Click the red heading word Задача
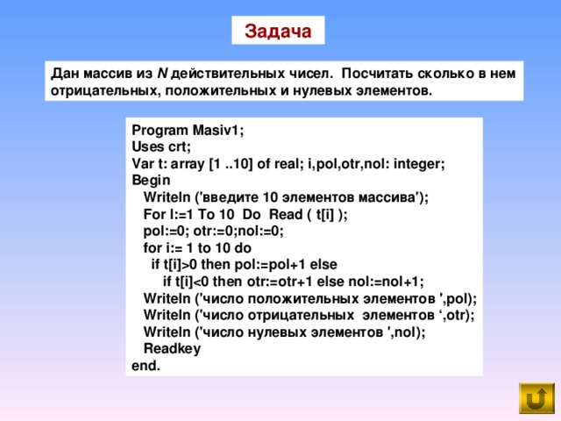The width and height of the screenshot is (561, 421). [x=278, y=32]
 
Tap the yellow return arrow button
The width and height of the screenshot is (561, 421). [x=536, y=397]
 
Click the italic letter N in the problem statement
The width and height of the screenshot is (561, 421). [x=162, y=74]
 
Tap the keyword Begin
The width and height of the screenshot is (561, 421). [x=151, y=180]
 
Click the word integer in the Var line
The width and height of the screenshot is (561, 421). [x=417, y=164]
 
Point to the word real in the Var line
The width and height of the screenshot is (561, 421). [x=287, y=164]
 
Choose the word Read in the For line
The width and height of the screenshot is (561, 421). [x=286, y=214]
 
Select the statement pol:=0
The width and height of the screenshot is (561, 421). [x=164, y=232]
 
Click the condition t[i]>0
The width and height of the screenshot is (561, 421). [x=181, y=265]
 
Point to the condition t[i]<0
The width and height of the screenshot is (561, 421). [x=192, y=282]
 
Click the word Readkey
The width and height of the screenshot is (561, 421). [x=172, y=349]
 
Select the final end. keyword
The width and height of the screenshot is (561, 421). [x=146, y=366]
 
